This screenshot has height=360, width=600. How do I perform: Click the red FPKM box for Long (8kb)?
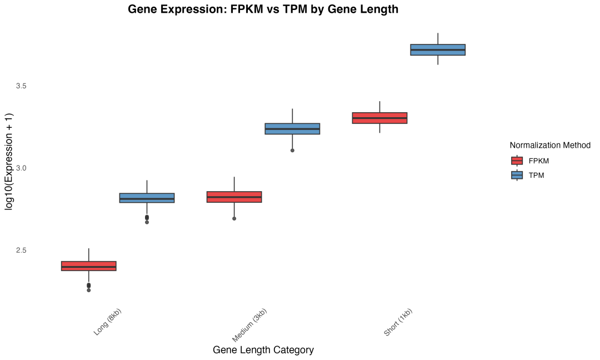(89, 266)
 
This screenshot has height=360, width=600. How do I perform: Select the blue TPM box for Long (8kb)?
(147, 198)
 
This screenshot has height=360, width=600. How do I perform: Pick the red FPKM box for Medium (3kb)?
(234, 197)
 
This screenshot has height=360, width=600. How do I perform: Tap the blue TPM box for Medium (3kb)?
(292, 129)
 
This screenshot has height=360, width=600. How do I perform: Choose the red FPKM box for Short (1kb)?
(380, 118)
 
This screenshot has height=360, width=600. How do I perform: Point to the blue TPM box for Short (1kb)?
(438, 49)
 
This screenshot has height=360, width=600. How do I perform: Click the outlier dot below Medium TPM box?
(292, 151)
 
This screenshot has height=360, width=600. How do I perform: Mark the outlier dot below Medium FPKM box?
(234, 218)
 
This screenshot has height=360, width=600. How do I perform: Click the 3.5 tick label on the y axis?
(21, 86)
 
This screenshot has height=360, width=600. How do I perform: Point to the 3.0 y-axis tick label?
(21, 168)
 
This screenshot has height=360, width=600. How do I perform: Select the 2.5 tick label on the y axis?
(21, 250)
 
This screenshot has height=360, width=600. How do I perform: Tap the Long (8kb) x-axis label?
(108, 322)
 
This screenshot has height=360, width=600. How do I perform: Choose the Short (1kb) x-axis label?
(398, 323)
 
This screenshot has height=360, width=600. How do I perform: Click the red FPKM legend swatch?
(517, 161)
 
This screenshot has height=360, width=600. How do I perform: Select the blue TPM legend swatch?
(517, 175)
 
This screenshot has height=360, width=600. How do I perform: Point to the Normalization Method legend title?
(550, 145)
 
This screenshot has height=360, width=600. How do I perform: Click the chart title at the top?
(263, 9)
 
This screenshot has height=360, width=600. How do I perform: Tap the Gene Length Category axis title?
(263, 350)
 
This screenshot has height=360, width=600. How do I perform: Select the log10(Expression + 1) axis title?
(9, 161)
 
